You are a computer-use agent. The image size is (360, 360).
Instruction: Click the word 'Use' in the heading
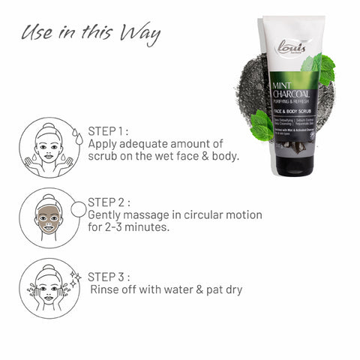point(37,34)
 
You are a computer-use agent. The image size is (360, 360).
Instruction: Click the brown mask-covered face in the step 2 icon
point(48,219)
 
